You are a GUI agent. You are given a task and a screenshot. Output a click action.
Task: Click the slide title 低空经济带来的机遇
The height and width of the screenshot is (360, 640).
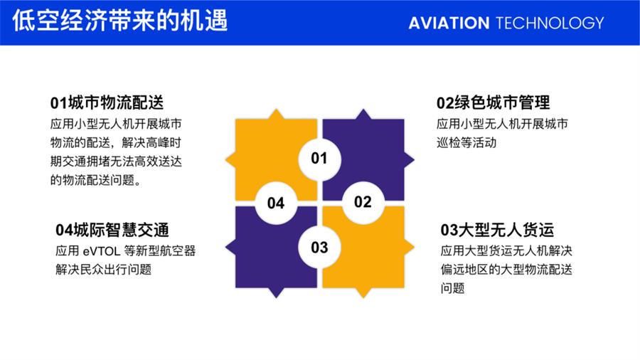(120, 21)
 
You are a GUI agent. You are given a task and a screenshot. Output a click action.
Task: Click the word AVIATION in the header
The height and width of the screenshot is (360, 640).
(449, 23)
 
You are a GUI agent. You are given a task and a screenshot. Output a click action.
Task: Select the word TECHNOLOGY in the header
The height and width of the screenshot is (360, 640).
(550, 23)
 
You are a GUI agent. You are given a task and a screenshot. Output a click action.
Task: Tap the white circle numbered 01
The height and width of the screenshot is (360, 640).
(319, 159)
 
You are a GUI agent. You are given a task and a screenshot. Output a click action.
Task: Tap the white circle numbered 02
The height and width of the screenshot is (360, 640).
(363, 202)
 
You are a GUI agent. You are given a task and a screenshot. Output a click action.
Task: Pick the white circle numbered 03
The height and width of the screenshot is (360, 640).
(319, 248)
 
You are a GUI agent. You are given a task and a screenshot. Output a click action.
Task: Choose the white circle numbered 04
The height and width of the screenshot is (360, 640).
(276, 203)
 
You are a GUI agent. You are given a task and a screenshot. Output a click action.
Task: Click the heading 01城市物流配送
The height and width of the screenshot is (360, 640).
(107, 102)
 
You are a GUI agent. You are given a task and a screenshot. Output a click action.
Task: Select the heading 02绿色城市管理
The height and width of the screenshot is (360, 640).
(493, 102)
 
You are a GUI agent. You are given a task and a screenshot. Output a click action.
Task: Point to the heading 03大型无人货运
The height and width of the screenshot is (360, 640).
(497, 230)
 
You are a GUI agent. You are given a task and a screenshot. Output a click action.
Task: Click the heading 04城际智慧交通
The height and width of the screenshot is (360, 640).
(112, 230)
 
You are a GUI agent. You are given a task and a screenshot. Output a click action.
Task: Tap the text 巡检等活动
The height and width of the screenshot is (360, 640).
(466, 143)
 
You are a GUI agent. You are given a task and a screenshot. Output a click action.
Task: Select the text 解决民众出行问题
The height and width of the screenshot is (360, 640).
(104, 270)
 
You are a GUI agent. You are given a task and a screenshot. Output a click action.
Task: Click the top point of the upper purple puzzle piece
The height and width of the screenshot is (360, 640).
(363, 110)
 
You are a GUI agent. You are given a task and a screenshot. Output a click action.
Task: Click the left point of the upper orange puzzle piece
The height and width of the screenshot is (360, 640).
(225, 160)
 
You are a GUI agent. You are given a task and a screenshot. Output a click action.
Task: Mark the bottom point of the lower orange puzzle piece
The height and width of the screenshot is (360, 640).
(363, 297)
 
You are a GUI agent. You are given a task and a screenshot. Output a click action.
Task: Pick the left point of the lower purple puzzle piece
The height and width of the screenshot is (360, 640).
(225, 247)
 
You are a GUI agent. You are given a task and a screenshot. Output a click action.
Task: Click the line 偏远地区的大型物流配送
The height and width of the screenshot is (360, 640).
(506, 270)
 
